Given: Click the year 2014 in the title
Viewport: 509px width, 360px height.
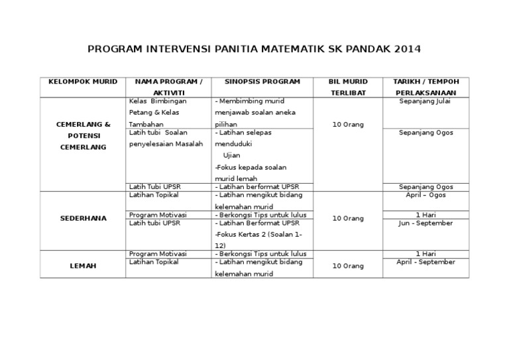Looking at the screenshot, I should point(406,49).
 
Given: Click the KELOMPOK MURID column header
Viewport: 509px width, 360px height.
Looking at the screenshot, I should point(83,82).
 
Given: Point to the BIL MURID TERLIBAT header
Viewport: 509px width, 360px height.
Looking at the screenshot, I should point(348,87).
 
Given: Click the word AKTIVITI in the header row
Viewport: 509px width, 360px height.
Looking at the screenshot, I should point(168,93).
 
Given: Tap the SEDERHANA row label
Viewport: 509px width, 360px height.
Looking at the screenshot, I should point(83,217).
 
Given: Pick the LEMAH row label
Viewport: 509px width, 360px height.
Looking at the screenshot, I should point(83,266).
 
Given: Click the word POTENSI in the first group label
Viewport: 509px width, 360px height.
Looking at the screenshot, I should point(83,136).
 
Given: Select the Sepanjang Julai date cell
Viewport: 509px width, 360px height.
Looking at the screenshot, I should point(425,101).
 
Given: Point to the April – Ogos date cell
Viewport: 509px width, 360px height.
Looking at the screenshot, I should point(425,195).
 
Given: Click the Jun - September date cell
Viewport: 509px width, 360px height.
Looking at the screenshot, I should point(425,223).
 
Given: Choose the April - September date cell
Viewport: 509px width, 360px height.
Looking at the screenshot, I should point(425,262).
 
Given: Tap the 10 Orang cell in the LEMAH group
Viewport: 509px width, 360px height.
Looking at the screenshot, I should point(348,266).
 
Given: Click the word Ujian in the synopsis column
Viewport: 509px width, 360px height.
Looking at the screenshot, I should point(232,155).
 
